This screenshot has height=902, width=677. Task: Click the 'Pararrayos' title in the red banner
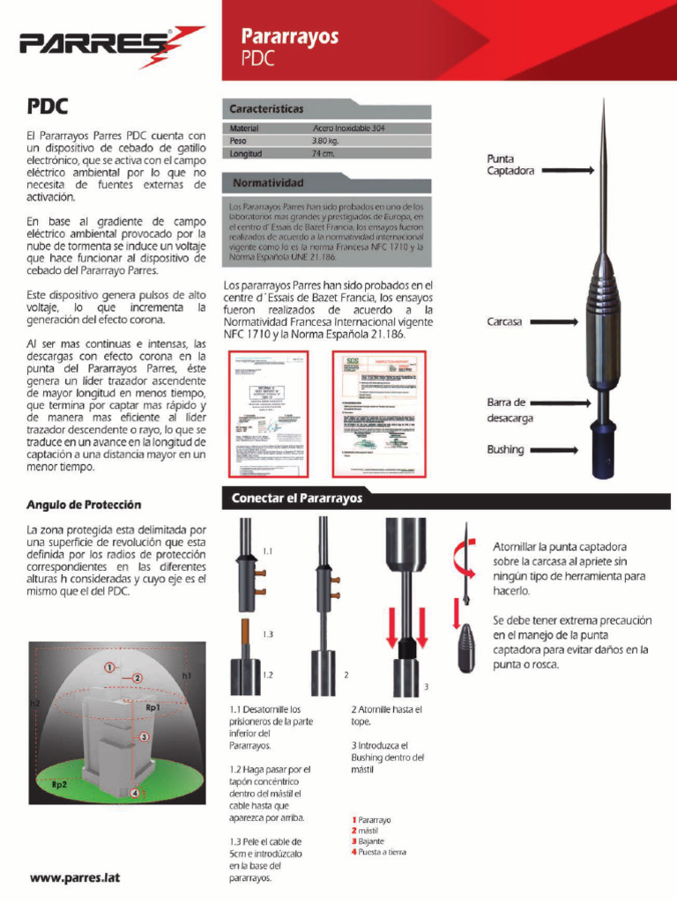tap(290, 37)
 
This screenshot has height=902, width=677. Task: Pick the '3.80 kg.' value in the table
tap(325, 141)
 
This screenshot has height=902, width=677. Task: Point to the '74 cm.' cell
tap(323, 153)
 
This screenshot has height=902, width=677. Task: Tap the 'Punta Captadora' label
tap(510, 165)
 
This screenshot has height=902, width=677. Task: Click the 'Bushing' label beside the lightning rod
tap(505, 449)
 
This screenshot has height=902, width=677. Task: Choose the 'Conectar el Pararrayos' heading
tap(297, 499)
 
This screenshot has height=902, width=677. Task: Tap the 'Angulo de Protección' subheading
tap(84, 506)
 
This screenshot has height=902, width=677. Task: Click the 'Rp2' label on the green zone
tap(60, 783)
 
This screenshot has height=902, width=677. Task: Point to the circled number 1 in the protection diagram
tap(109, 668)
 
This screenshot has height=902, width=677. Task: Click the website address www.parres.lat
tap(75, 877)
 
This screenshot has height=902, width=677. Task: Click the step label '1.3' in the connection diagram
tap(268, 634)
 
